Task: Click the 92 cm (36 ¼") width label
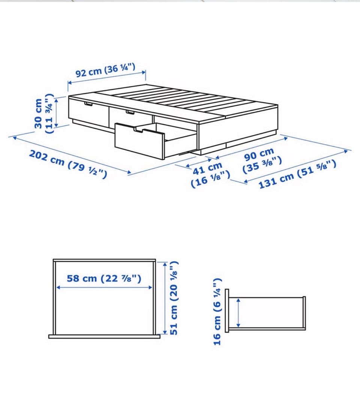106,70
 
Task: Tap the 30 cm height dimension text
38,114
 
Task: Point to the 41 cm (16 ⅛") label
210,175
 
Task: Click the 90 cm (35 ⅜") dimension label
262,161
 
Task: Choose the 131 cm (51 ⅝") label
297,175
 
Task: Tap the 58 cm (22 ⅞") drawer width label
104,279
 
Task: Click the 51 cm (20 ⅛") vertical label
174,298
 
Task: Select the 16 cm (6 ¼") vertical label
217,312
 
